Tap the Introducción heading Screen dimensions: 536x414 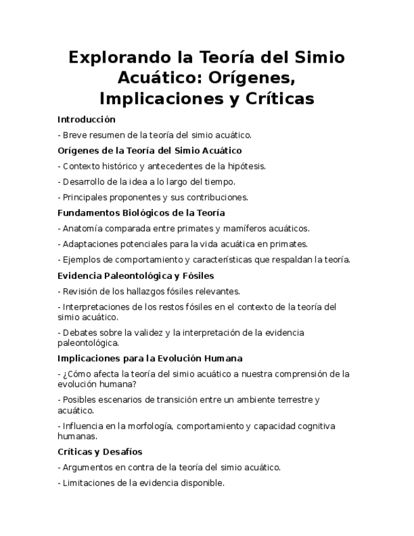pyautogui.click(x=87, y=119)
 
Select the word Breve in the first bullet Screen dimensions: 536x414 pyautogui.click(x=75, y=135)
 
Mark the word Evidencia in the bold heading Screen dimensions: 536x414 pyautogui.click(x=79, y=275)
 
